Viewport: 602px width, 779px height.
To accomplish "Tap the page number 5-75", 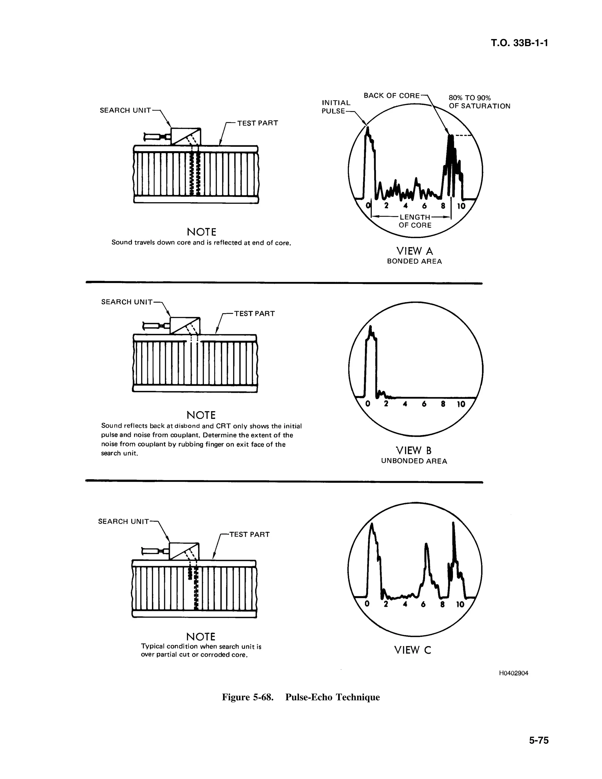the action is [x=539, y=740].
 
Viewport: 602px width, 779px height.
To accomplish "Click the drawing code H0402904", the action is [x=514, y=673].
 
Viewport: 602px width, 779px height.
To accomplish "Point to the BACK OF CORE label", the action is [x=392, y=96].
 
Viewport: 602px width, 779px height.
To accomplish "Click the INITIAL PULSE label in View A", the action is [x=336, y=107].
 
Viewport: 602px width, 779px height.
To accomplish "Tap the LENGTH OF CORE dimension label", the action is [x=415, y=221].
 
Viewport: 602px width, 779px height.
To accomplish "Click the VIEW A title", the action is [x=414, y=251].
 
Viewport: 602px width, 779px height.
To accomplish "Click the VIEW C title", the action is [x=413, y=650].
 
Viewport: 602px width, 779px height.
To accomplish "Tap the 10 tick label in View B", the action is [x=461, y=404].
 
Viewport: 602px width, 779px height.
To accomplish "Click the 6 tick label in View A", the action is [x=424, y=206].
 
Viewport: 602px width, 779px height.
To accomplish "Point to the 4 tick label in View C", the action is [x=404, y=604].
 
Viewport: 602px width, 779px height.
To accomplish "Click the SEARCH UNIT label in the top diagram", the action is [x=125, y=110].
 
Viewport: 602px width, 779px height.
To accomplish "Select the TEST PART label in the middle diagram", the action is [x=254, y=314].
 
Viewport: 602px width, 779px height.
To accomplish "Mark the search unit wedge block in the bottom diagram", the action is [x=184, y=551].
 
